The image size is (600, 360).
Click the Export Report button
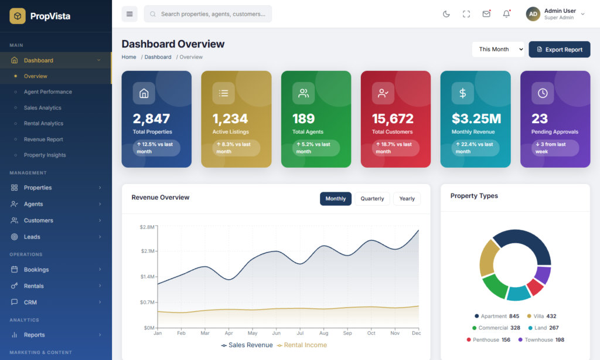[x=559, y=49]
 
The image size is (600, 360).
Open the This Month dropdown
[x=498, y=49]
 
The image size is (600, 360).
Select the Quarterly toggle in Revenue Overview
[x=372, y=198]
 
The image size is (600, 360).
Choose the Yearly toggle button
[x=407, y=198]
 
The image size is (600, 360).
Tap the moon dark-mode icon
[x=446, y=14]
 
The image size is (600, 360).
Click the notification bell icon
[x=506, y=14]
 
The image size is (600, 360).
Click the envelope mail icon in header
[x=486, y=14]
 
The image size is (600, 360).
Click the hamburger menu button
[x=129, y=14]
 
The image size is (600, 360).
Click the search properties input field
[x=208, y=14]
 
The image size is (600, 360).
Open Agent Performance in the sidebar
[x=48, y=92]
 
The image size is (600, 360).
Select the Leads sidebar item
[x=32, y=237]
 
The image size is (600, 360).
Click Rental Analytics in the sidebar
[x=43, y=123]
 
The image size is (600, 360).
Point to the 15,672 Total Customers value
[x=393, y=118]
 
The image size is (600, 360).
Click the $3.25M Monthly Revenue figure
[x=476, y=118]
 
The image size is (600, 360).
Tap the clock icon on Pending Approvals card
[x=543, y=93]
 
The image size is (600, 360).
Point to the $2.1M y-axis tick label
[x=148, y=251]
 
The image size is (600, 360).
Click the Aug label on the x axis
[x=323, y=333]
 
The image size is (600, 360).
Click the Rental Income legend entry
[x=302, y=345]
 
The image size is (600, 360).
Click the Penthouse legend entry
[x=488, y=339]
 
